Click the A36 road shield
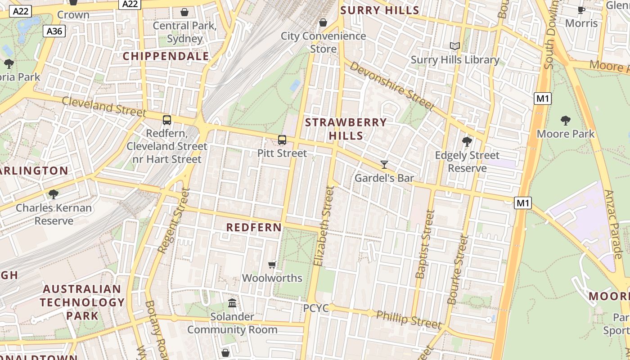54,31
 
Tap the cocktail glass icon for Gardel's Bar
384,165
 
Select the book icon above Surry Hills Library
455,46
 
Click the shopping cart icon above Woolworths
272,265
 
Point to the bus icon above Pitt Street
282,140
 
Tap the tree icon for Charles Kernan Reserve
54,194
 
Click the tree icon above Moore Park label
566,121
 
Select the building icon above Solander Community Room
232,303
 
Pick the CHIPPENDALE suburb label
166,56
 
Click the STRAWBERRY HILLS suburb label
346,129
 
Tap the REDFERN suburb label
254,228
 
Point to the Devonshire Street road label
391,85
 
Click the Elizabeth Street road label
324,226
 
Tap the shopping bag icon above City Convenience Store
323,22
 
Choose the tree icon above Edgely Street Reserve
467,142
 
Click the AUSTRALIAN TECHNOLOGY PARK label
82,302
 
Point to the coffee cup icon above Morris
581,10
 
